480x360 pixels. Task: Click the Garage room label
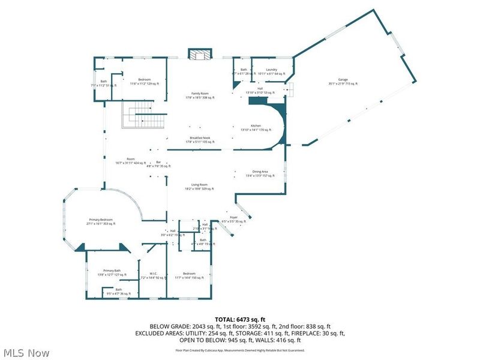[x=343, y=82]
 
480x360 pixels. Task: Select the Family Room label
[x=200, y=95]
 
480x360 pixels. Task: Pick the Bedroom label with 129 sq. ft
[x=145, y=81]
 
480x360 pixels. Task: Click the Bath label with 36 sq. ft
[x=119, y=292]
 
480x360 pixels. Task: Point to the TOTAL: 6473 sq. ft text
[x=239, y=319]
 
